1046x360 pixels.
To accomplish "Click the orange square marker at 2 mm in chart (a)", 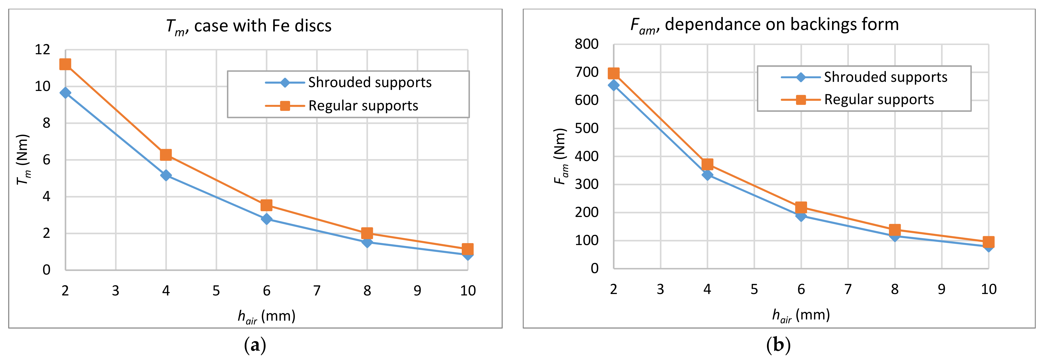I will pyautogui.click(x=65, y=64).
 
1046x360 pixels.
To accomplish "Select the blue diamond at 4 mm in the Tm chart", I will pyautogui.click(x=166, y=175).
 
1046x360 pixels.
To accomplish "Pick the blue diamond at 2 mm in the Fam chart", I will pyautogui.click(x=614, y=85).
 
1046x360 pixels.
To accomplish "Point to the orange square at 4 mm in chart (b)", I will pyautogui.click(x=707, y=164).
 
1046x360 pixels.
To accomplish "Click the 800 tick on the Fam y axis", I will pyautogui.click(x=586, y=44).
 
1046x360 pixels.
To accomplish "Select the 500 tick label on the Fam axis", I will pyautogui.click(x=586, y=128).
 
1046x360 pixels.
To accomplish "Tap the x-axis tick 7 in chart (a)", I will pyautogui.click(x=317, y=291).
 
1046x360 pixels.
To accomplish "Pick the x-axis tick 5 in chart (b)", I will pyautogui.click(x=754, y=289).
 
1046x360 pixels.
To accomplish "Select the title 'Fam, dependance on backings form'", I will pyautogui.click(x=764, y=25).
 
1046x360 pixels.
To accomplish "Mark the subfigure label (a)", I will pyautogui.click(x=255, y=345).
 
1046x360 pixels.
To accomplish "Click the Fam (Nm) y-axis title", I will pyautogui.click(x=560, y=156).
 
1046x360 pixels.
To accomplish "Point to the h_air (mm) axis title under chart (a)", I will pyautogui.click(x=266, y=316).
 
